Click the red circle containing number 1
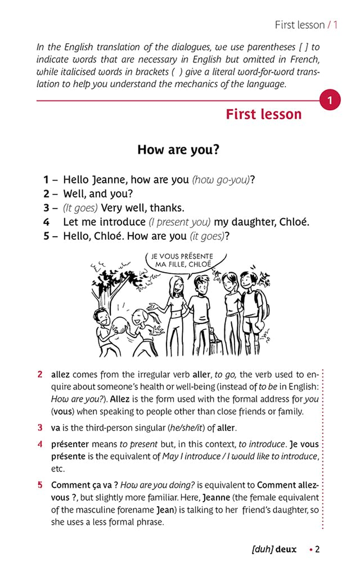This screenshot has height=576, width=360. tap(330, 100)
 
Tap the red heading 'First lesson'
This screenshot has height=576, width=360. tap(264, 114)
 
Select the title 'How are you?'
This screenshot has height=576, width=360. tap(178, 149)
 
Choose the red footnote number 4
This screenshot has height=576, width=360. tap(40, 444)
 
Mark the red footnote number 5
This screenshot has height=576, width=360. tap(40, 485)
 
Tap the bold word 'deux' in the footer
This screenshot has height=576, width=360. tap(286, 549)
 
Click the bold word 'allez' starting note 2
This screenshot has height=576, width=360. tap(61, 374)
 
